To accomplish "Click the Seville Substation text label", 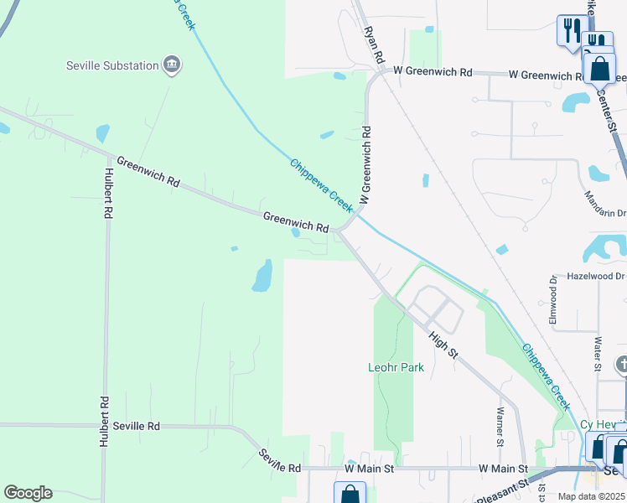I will tap(113, 65).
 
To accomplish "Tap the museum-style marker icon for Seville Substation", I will tap(172, 65).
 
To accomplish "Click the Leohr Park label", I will tap(396, 367).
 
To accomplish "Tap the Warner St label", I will tap(500, 426).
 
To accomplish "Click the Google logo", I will tap(28, 493).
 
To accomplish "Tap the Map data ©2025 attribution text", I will tap(591, 496).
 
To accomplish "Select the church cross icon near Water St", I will tap(621, 365).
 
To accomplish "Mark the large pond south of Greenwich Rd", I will tap(263, 275).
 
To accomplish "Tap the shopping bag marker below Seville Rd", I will tap(350, 494).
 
